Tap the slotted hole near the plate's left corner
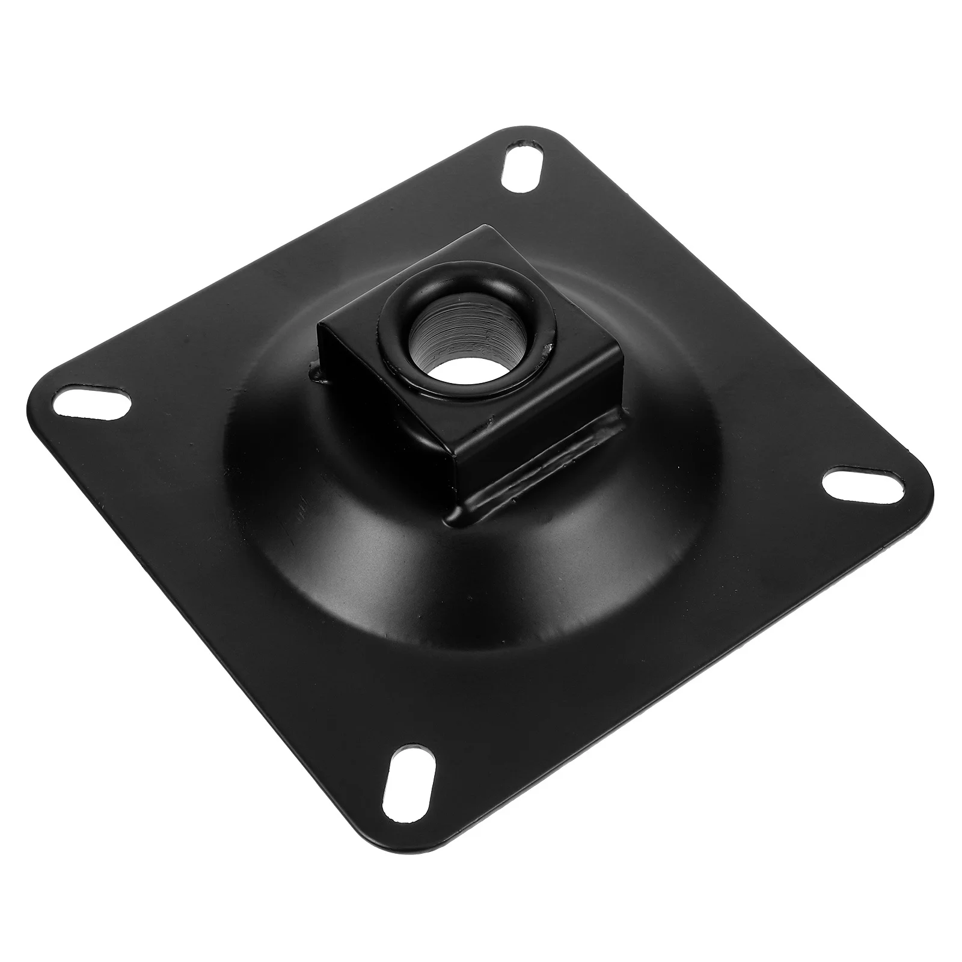[x=94, y=403]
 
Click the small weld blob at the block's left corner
[x=317, y=374]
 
